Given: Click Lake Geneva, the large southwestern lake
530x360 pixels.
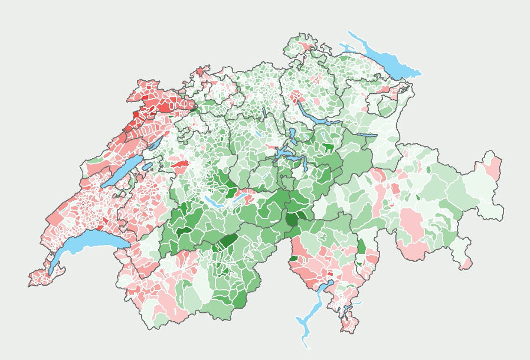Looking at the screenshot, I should pyautogui.click(x=89, y=242).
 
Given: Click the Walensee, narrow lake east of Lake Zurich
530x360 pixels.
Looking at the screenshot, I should pyautogui.click(x=367, y=135).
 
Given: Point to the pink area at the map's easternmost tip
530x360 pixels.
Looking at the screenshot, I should pyautogui.click(x=492, y=168).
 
